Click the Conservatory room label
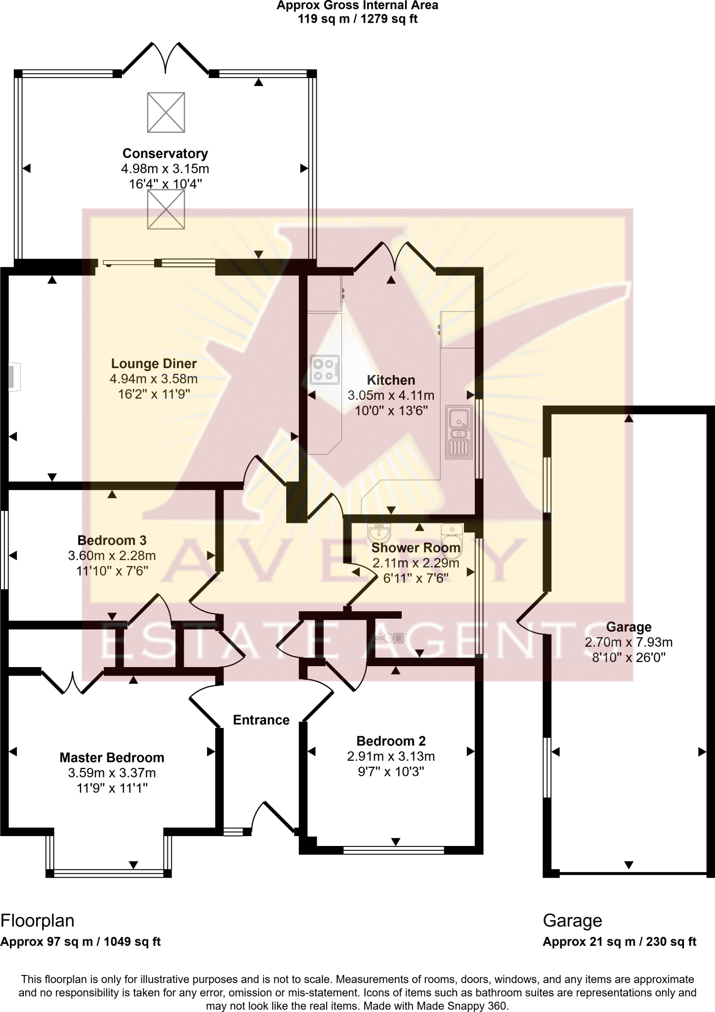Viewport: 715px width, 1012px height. [165, 153]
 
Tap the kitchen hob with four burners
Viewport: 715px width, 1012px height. [325, 370]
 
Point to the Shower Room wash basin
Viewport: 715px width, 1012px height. [379, 533]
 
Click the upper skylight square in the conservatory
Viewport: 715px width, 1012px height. [166, 112]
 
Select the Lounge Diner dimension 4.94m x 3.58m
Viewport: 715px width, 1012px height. [154, 379]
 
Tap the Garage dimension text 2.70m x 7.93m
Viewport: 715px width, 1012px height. [629, 642]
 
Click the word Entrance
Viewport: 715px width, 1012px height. [261, 720]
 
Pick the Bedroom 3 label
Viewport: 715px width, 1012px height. [112, 540]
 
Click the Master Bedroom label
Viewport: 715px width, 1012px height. [112, 758]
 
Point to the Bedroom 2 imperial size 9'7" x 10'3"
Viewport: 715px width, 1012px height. [391, 772]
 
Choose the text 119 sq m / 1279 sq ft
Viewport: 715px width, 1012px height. [358, 19]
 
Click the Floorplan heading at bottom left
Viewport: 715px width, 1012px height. [38, 921]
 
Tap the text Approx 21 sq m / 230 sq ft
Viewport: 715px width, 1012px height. [619, 941]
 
